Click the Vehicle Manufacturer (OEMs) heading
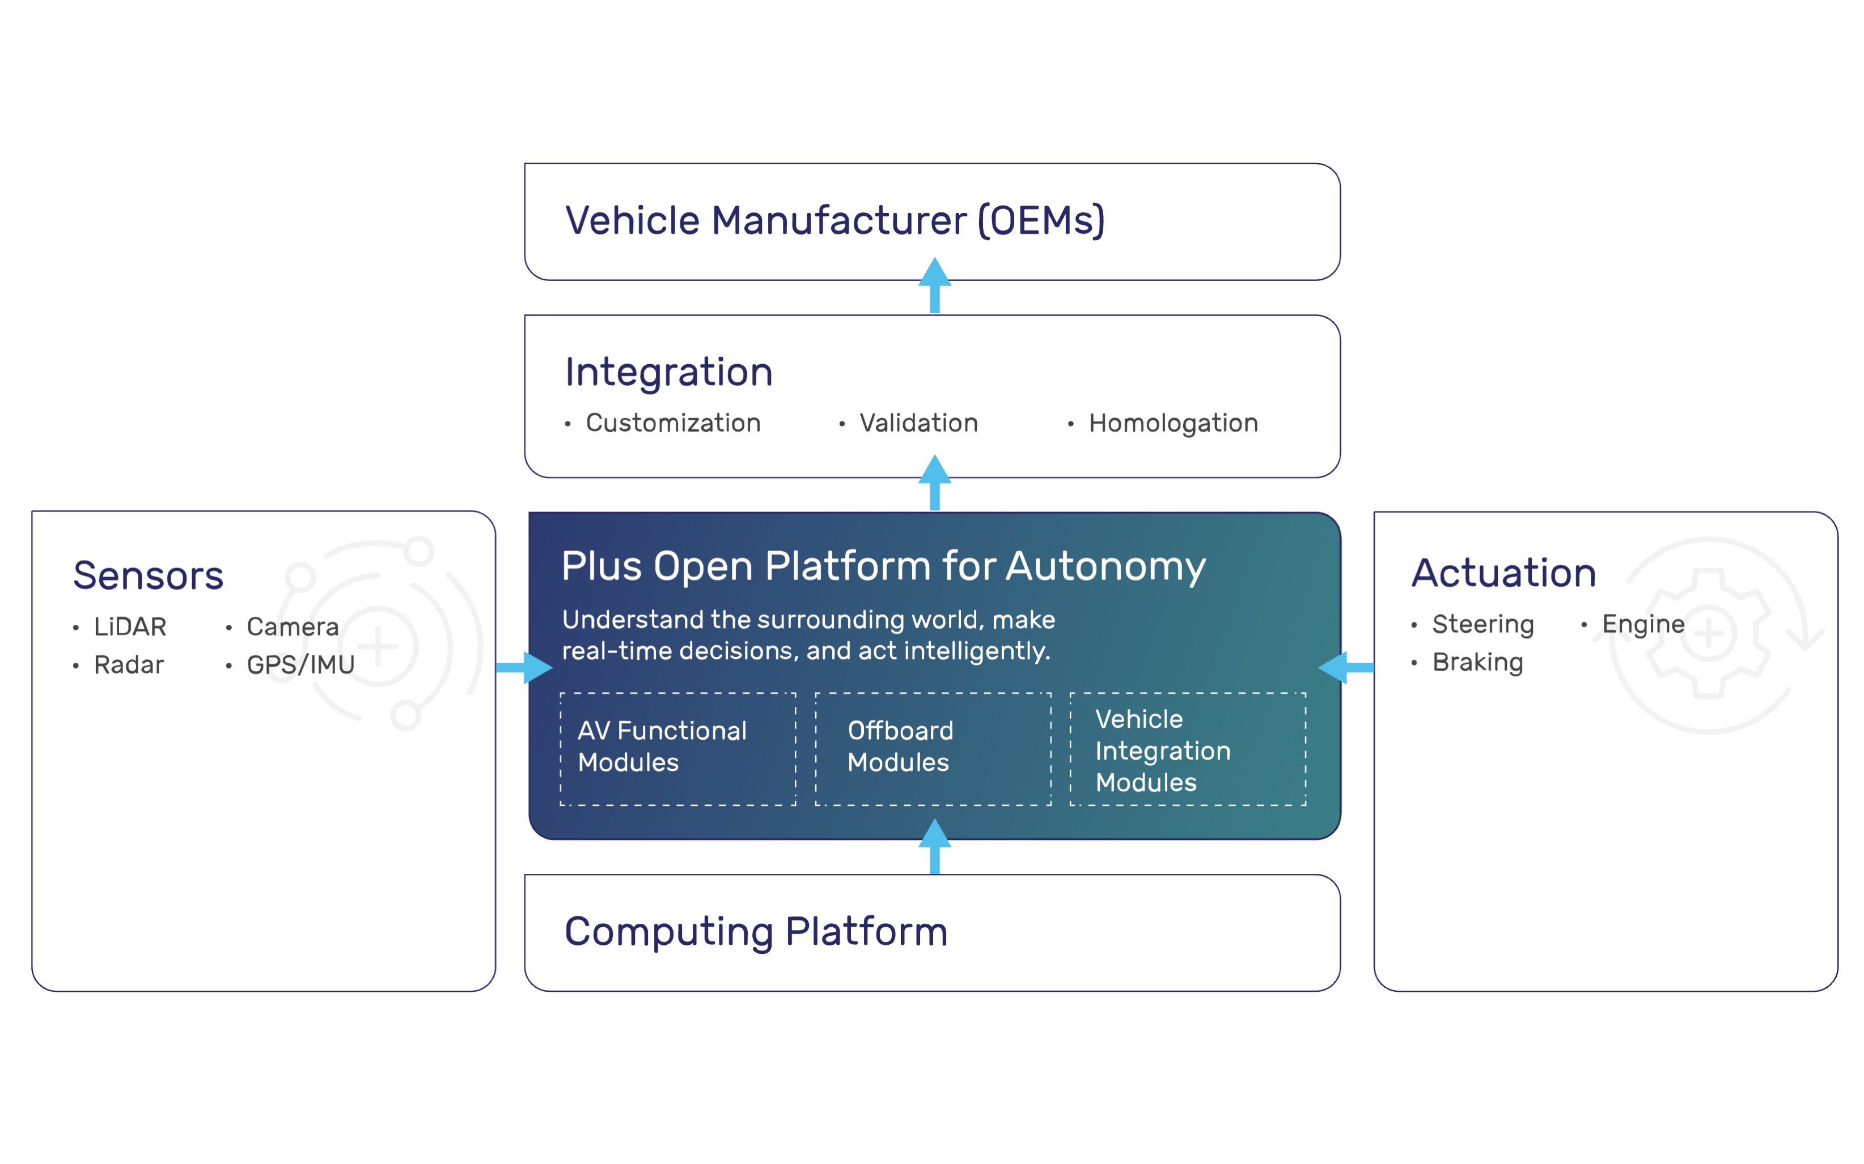coord(835,220)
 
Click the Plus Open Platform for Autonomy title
coord(883,566)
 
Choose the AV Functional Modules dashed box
coord(678,748)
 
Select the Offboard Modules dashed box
coord(933,748)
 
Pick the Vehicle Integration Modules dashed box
coord(1188,748)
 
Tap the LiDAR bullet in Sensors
coord(129,626)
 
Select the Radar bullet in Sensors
coord(129,664)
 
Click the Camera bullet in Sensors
coord(292,626)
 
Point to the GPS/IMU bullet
coord(300,664)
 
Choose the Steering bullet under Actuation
coord(1482,624)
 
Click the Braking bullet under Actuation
coord(1477,662)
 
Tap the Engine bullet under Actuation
coord(1643,624)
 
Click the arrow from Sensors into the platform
coord(524,667)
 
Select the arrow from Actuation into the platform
coord(1346,667)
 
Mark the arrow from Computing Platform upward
coord(934,847)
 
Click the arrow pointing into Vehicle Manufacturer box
coord(934,285)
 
